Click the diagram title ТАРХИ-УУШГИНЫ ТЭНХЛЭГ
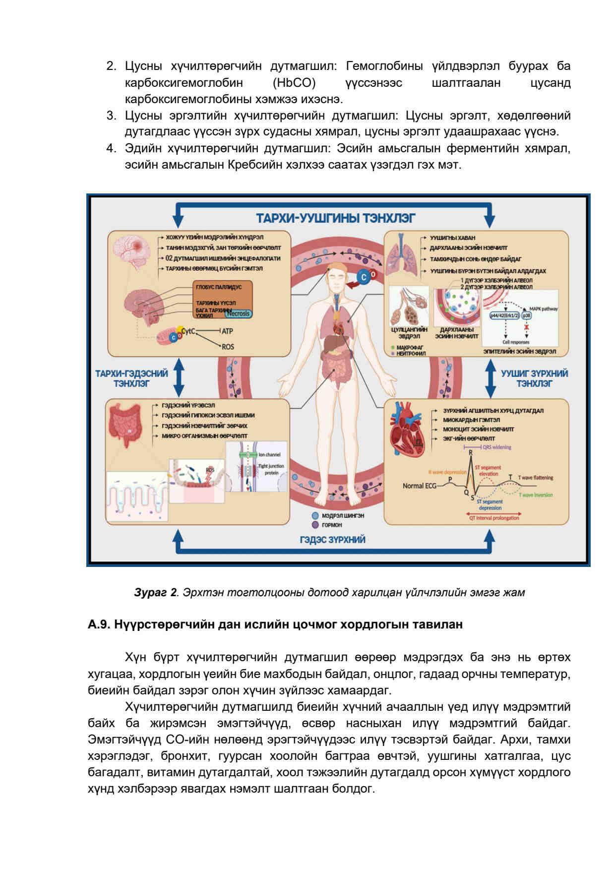point(335,218)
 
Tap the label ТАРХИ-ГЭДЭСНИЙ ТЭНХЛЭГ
point(131,378)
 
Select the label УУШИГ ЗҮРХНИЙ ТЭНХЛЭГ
point(534,378)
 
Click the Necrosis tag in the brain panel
point(239,313)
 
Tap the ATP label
point(228,331)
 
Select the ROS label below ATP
point(228,347)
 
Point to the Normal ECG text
point(420,486)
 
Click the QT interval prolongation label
point(494,518)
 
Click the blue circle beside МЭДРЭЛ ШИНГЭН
point(314,516)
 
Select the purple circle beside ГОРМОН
point(314,525)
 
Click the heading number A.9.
point(99,625)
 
